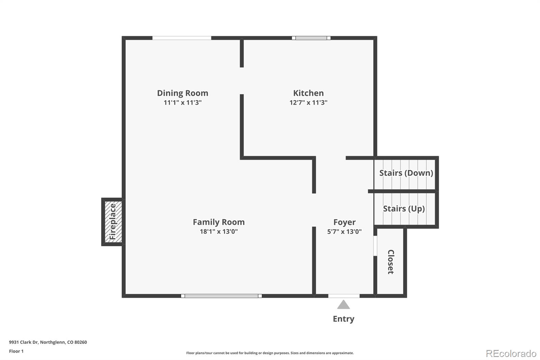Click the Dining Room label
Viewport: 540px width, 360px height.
click(183, 93)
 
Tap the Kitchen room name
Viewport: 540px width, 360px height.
click(308, 93)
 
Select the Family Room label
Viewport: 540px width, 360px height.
click(219, 222)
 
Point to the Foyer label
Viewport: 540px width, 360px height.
click(344, 222)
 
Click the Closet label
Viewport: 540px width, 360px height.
click(391, 262)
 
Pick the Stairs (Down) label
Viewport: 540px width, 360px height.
click(406, 173)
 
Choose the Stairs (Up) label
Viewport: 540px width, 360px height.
click(404, 209)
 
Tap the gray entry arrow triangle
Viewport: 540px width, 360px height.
click(344, 305)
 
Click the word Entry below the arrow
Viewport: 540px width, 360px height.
click(344, 319)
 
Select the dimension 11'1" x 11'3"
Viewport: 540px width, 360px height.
click(183, 103)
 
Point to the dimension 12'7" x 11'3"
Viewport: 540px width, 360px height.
click(308, 103)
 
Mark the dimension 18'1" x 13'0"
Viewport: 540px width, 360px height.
click(219, 232)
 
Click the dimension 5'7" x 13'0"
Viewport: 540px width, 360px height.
click(344, 232)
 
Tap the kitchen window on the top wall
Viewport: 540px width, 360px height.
click(311, 38)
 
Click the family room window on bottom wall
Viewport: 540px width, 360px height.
click(221, 296)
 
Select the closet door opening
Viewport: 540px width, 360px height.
click(375, 246)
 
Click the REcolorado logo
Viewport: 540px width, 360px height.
click(511, 353)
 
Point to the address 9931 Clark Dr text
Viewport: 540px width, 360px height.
click(48, 342)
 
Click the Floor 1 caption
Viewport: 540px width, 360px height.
click(16, 351)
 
